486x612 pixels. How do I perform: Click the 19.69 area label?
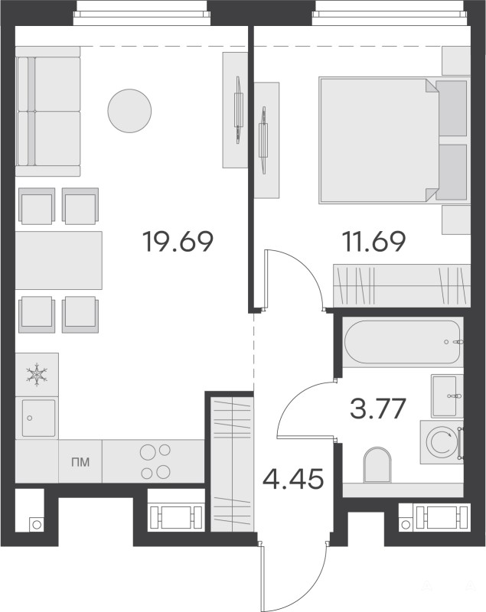pyautogui.click(x=178, y=242)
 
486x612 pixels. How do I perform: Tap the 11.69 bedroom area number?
pyautogui.click(x=373, y=242)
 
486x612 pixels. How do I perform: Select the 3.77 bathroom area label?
pyautogui.click(x=378, y=409)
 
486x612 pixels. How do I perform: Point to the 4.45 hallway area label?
pyautogui.click(x=293, y=479)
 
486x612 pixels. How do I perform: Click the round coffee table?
pyautogui.click(x=129, y=111)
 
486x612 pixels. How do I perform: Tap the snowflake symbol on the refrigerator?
pyautogui.click(x=37, y=375)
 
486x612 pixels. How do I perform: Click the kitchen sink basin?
pyautogui.click(x=38, y=418)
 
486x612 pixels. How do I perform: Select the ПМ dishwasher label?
pyautogui.click(x=80, y=462)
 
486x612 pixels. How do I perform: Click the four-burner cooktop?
pyautogui.click(x=155, y=461)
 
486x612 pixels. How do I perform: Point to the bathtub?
pyautogui.click(x=403, y=342)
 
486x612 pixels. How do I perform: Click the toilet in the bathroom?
pyautogui.click(x=377, y=464)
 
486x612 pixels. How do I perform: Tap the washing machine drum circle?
pyautogui.click(x=442, y=443)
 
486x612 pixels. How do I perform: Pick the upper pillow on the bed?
pyautogui.click(x=452, y=108)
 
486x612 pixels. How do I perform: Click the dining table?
pyautogui.click(x=59, y=260)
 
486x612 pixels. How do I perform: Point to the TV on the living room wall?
pyautogui.click(x=238, y=110)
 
